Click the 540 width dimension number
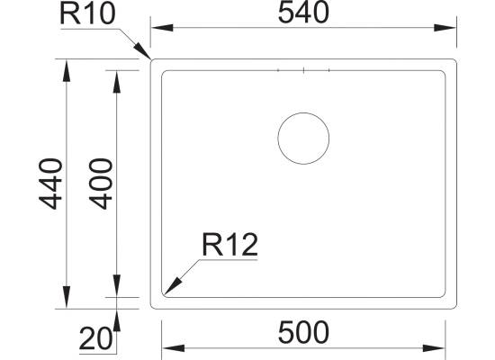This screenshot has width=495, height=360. pyautogui.click(x=303, y=13)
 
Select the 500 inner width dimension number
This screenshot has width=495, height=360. pyautogui.click(x=303, y=332)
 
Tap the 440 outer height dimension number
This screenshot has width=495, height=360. pyautogui.click(x=50, y=184)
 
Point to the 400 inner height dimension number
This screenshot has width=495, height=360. pyautogui.click(x=101, y=184)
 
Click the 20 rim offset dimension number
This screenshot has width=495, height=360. pyautogui.click(x=95, y=338)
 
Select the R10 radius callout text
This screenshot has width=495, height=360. pyautogui.click(x=87, y=13)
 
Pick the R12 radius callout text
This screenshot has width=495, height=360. pyautogui.click(x=229, y=245)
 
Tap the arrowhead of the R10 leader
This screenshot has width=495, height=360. pyautogui.click(x=142, y=50)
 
